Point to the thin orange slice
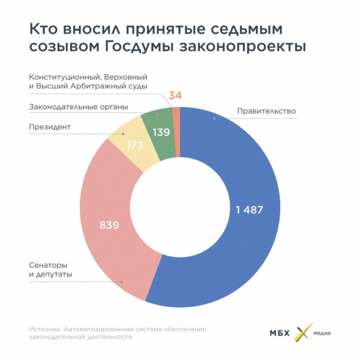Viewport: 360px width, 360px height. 176,129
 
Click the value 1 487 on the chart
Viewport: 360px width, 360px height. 246,209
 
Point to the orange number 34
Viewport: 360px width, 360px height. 175,96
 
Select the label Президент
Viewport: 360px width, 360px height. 50,127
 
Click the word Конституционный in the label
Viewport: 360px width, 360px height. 62,77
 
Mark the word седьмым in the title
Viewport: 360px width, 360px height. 232,29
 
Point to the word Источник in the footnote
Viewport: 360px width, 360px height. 44,329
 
